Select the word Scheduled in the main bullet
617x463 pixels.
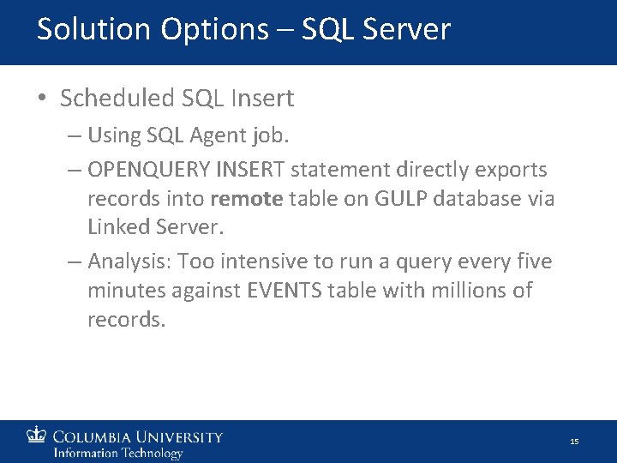[117, 99]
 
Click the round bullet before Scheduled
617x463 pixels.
[42, 99]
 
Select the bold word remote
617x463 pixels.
[246, 199]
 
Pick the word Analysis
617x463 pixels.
[123, 262]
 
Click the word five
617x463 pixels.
[535, 261]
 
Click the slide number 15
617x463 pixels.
[574, 442]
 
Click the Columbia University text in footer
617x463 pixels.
[138, 436]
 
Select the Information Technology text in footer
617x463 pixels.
[118, 453]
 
